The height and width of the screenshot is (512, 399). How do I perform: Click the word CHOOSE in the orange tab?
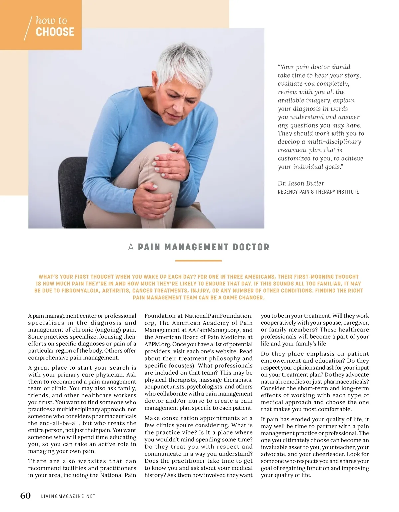55,32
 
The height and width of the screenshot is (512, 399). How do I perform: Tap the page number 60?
26,495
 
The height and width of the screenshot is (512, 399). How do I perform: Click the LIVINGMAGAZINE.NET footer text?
68,496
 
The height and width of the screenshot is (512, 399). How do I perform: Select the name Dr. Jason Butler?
301,183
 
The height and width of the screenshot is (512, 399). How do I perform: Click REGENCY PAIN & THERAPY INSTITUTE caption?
318,192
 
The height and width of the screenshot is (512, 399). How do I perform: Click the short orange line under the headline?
199,261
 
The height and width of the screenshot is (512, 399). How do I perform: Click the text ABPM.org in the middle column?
157,344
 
